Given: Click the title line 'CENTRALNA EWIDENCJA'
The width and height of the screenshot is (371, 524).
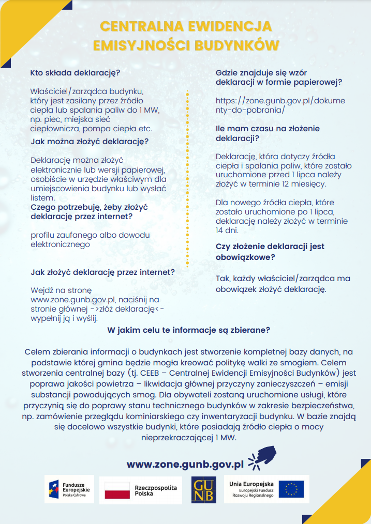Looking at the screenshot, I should pyautogui.click(x=185, y=27).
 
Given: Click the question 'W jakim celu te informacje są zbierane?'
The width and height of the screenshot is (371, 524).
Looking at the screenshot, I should pyautogui.click(x=188, y=330).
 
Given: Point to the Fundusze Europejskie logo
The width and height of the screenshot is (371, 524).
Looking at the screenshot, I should pyautogui.click(x=69, y=489).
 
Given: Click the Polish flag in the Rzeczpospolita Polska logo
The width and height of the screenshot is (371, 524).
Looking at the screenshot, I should pyautogui.click(x=117, y=490).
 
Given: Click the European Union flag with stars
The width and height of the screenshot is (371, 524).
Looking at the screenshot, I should pyautogui.click(x=291, y=489).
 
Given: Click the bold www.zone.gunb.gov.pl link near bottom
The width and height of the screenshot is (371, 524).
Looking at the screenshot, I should pyautogui.click(x=185, y=464).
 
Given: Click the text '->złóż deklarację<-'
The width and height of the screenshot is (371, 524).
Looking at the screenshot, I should pyautogui.click(x=130, y=309).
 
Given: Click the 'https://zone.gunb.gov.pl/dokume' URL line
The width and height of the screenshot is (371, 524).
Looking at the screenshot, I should pyautogui.click(x=280, y=101).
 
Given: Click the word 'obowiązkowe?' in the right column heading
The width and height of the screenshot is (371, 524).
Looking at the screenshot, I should pyautogui.click(x=245, y=256).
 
